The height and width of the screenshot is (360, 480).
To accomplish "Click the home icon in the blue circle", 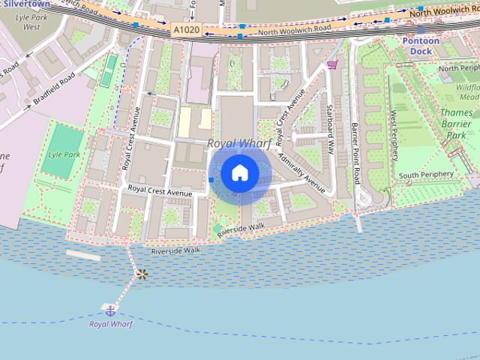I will click(239, 172).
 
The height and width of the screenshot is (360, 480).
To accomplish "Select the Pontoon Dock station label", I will click(420, 46).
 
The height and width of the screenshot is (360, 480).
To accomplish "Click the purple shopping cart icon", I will click(331, 66).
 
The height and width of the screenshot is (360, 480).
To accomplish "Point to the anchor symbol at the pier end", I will click(110, 309).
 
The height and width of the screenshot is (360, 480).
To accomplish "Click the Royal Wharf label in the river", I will click(110, 324).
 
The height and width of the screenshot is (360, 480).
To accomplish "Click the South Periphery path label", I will click(426, 175).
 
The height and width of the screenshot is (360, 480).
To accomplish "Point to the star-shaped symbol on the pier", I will click(140, 274).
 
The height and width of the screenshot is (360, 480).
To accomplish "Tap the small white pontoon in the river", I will click(82, 255).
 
